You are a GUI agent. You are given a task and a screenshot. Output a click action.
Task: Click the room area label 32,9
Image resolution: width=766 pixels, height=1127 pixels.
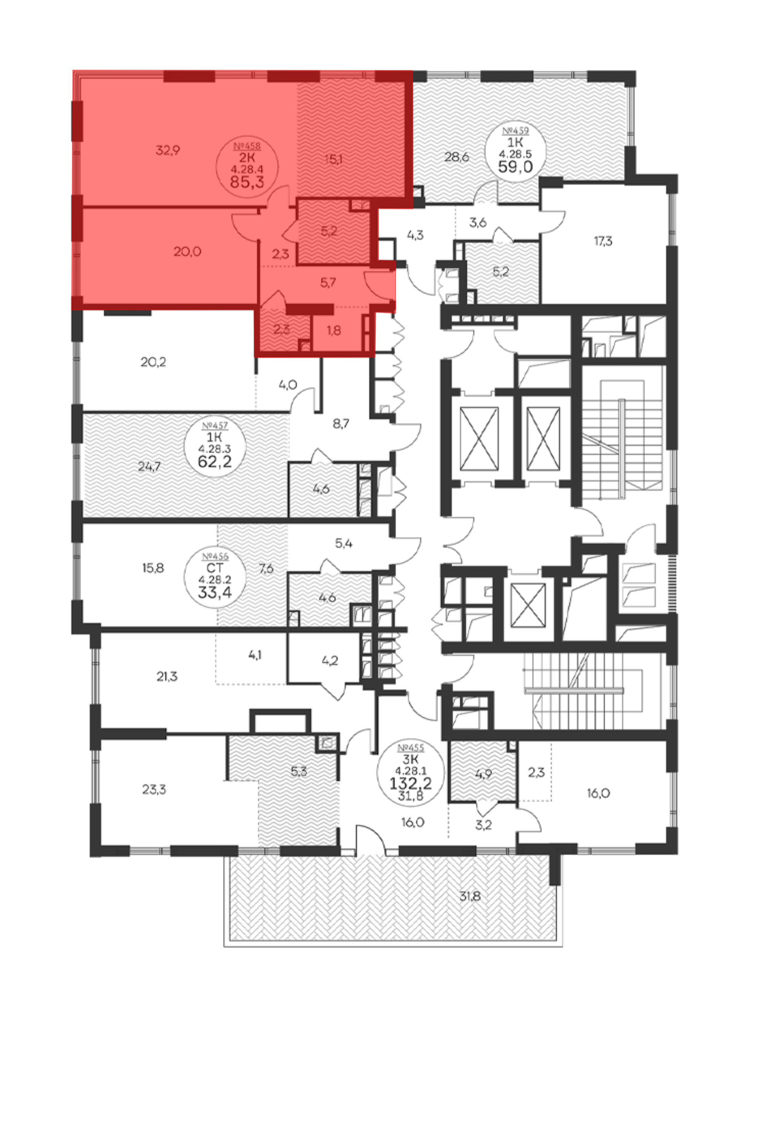(167, 150)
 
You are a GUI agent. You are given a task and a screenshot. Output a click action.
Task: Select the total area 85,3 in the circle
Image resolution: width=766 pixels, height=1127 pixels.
(247, 182)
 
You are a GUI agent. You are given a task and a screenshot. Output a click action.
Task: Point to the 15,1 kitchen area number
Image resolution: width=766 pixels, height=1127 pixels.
(334, 159)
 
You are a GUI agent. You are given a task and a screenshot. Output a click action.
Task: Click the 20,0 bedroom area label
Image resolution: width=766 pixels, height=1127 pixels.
(187, 251)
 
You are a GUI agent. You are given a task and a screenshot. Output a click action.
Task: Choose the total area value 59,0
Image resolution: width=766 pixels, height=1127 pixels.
(516, 166)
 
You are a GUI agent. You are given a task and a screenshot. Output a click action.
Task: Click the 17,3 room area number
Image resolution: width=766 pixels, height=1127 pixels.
(603, 241)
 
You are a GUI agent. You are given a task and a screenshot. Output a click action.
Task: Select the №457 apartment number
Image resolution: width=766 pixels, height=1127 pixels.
(215, 426)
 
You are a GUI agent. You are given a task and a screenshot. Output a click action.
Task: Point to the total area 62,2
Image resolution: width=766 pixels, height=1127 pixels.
(215, 461)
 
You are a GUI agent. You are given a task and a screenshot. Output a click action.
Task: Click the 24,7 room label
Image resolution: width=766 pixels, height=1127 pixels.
(149, 467)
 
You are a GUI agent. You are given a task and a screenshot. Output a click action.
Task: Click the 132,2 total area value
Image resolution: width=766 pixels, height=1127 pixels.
(410, 783)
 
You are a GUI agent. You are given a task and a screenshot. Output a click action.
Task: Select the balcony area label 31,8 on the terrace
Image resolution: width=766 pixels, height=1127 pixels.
(470, 896)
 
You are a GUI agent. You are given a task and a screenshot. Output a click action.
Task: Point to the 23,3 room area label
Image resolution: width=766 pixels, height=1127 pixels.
(154, 790)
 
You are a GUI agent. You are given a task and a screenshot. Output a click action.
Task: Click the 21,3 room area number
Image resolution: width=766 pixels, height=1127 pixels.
(167, 677)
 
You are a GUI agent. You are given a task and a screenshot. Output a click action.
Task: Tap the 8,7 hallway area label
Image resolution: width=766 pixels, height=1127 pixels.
(341, 424)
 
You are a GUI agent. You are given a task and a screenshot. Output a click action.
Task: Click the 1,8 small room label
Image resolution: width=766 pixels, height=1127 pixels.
(334, 330)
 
